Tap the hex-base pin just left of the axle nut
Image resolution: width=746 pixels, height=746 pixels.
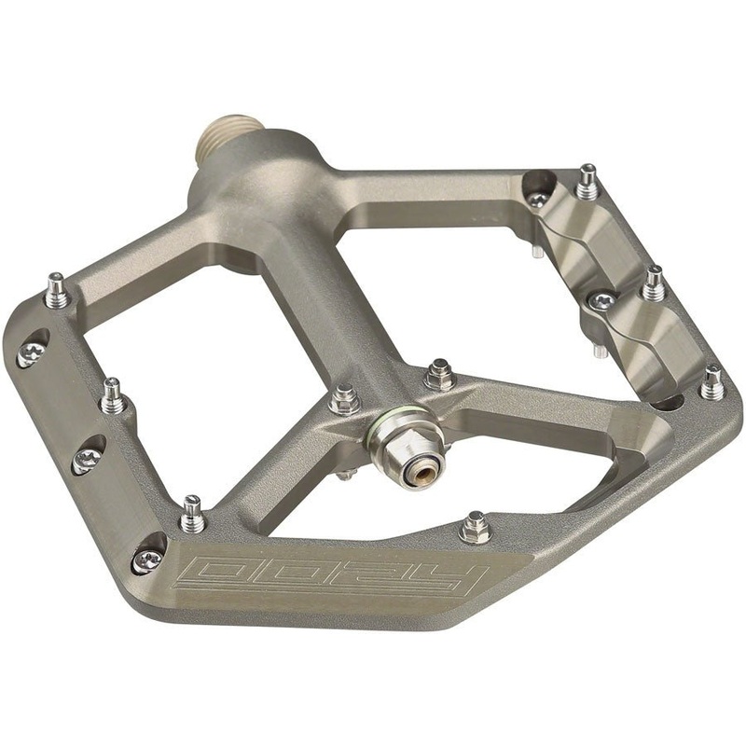tap(344, 399)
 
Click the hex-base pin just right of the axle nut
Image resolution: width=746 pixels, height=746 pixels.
tap(438, 375)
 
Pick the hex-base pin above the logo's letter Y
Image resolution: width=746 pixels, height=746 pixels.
tap(476, 528)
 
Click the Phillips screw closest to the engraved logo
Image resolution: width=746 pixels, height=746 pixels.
tap(147, 558)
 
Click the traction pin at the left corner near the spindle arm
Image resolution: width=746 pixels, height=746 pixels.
tap(58, 291)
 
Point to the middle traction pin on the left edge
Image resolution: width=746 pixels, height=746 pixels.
tap(114, 395)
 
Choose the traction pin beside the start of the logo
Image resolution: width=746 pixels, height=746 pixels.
tap(192, 514)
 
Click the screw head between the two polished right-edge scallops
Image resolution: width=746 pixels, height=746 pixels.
tap(603, 300)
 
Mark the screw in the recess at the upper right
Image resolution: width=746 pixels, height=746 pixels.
tap(537, 198)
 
